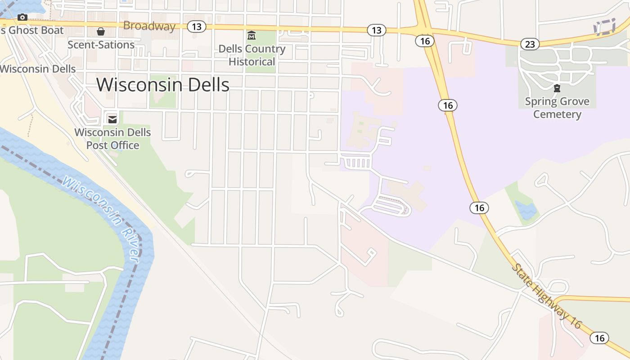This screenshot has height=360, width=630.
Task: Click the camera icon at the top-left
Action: pyautogui.click(x=22, y=18)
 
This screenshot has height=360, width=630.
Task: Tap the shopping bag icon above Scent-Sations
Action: pyautogui.click(x=101, y=31)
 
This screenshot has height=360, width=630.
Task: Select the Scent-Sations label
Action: pyautogui.click(x=101, y=45)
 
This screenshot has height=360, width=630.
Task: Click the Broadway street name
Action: pyautogui.click(x=149, y=26)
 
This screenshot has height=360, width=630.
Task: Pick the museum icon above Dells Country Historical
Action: pyautogui.click(x=252, y=35)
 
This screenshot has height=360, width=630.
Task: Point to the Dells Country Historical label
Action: pyautogui.click(x=252, y=55)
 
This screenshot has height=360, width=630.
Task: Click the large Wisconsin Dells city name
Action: pyautogui.click(x=163, y=85)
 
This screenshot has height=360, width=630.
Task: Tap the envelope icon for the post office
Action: pyautogui.click(x=112, y=119)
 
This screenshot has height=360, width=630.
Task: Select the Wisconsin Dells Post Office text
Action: pyautogui.click(x=112, y=139)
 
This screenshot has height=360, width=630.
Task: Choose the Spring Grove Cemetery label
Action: pyautogui.click(x=557, y=108)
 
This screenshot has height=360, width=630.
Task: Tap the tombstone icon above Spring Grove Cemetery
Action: pyautogui.click(x=557, y=88)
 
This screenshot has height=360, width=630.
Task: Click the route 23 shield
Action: pyautogui.click(x=530, y=44)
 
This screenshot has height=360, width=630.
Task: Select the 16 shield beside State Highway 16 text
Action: pyautogui.click(x=599, y=338)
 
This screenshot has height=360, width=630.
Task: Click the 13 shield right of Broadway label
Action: pyautogui.click(x=196, y=27)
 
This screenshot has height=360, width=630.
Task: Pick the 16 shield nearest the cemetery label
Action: pyautogui.click(x=447, y=105)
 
